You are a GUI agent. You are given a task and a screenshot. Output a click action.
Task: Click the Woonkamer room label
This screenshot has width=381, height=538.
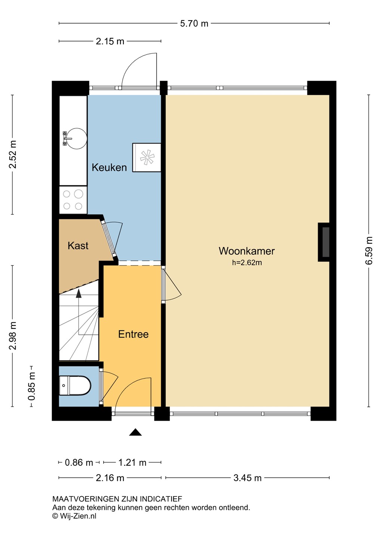(x=247, y=251)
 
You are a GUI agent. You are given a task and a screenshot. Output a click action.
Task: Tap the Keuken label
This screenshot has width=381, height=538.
(x=109, y=167)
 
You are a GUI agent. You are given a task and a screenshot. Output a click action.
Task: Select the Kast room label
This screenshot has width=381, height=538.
(x=78, y=245)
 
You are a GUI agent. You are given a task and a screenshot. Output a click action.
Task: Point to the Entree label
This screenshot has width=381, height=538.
(x=133, y=334)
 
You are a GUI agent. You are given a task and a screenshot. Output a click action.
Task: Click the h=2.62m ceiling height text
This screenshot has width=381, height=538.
(x=247, y=263)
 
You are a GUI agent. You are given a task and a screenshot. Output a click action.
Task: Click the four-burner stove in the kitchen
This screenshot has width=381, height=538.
(x=73, y=200)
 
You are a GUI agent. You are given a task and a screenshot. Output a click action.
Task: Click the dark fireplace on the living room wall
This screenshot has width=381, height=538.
(x=324, y=242)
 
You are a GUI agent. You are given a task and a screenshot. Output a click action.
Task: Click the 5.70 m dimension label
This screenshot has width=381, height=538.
(x=194, y=24)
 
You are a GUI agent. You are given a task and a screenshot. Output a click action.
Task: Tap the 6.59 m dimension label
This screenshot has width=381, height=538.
(x=369, y=250)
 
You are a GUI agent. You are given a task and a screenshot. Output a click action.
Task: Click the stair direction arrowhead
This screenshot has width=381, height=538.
(x=79, y=294)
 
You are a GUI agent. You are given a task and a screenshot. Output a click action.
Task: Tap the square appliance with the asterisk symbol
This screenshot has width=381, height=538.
(x=147, y=158)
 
